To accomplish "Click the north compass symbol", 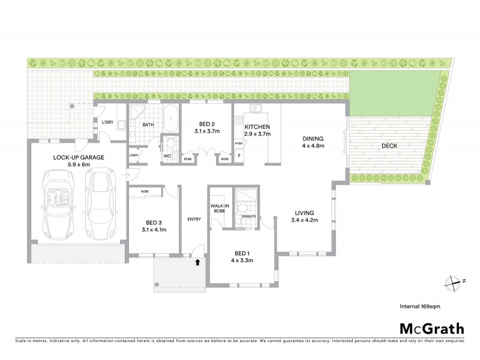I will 452,281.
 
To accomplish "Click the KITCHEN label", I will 257,127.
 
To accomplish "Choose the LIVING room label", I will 306,212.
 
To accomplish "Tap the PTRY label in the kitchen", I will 239,143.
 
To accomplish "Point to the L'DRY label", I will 107,122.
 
